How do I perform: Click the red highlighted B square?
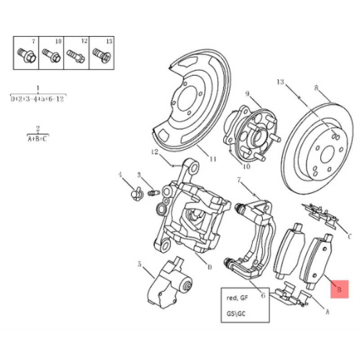pos(339,289)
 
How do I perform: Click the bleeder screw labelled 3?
pos(152,193)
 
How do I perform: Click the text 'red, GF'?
pos(237,298)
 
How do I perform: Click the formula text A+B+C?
pos(38,139)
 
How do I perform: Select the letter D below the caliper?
pos(210,267)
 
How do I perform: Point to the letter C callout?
pos(350,234)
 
